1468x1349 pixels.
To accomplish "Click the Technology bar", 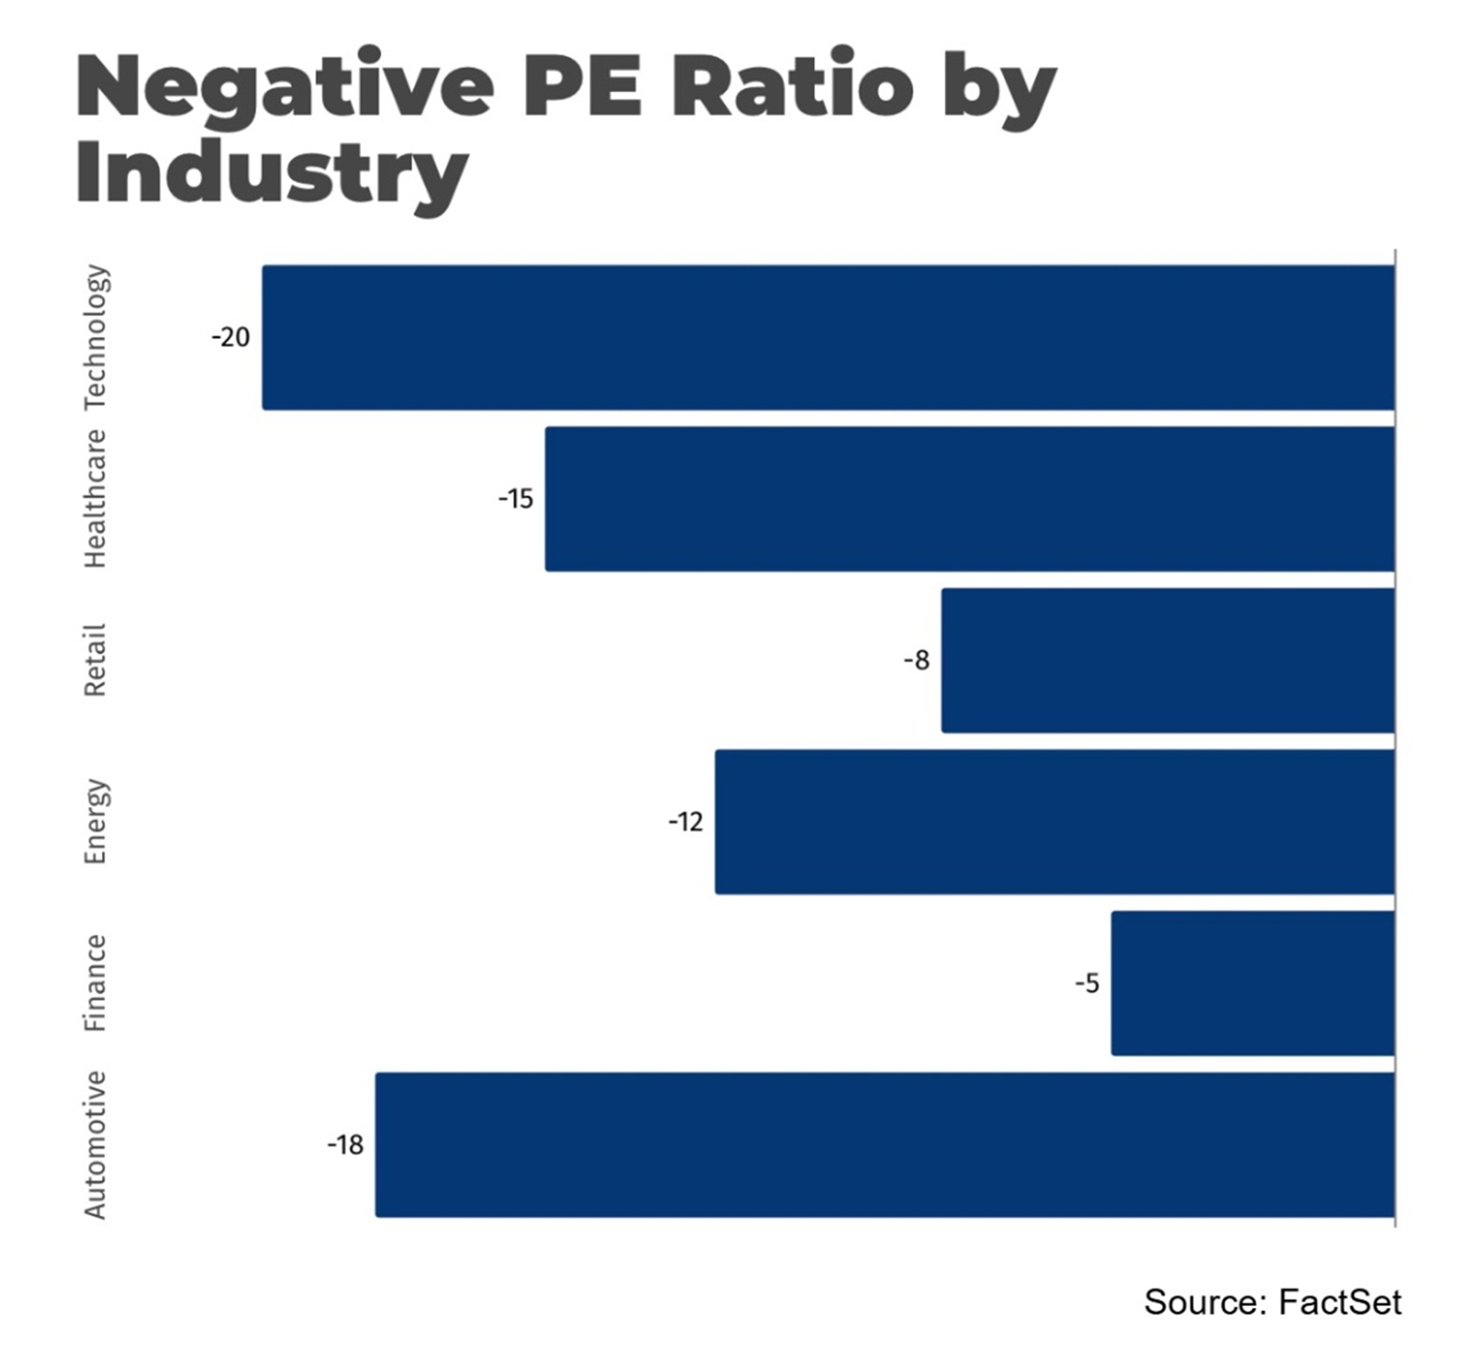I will (x=829, y=337).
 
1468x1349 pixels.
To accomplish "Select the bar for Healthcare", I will (x=970, y=499).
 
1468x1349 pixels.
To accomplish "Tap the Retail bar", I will (x=1168, y=660).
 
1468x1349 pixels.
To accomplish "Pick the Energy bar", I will (x=1055, y=822).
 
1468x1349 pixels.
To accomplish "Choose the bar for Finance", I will (x=1252, y=983).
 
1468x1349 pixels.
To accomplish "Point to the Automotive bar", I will (x=885, y=1144).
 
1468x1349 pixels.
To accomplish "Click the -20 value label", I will (x=231, y=337).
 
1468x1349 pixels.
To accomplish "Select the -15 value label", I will (x=516, y=499).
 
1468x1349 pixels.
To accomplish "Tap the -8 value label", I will (x=917, y=660).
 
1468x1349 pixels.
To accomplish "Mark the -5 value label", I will (x=1087, y=983).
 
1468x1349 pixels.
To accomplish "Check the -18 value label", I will (x=345, y=1144).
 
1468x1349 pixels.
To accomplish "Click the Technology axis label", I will (x=96, y=337).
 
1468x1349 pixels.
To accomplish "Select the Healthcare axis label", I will (x=96, y=499).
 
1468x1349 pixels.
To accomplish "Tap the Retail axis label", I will (x=96, y=660).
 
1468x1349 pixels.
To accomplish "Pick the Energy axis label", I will (x=96, y=822).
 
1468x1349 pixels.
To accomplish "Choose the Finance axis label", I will (x=96, y=983).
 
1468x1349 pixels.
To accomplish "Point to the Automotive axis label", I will (x=96, y=1144).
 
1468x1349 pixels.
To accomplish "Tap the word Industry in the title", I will (x=272, y=174).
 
